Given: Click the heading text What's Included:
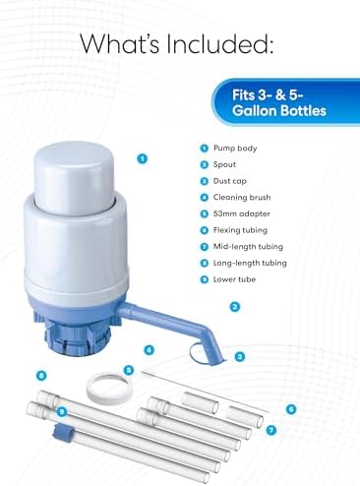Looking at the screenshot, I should click(x=179, y=43).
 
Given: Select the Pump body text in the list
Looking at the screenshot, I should click(x=236, y=147).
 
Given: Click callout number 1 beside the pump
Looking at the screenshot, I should click(x=144, y=157).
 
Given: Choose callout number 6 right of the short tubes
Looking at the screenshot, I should click(x=290, y=408).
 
